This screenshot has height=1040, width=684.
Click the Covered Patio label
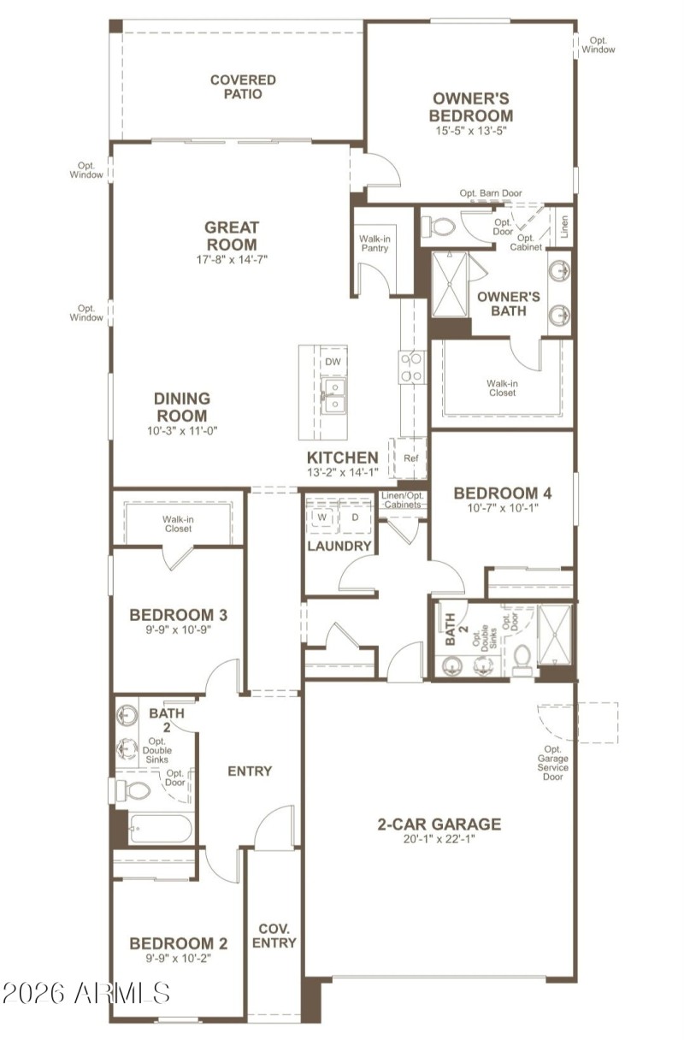243,87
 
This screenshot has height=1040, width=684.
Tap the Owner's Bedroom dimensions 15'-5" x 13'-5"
471,132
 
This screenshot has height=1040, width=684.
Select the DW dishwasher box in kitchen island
333,362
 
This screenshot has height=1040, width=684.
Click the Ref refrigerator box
410,458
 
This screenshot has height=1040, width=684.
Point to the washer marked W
322,517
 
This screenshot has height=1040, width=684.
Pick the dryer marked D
355,517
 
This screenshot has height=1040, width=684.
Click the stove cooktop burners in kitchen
410,368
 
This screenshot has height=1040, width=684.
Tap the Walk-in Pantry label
374,244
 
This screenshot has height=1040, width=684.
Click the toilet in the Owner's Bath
440,227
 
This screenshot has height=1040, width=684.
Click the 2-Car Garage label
439,824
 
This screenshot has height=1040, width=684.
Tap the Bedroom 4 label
502,493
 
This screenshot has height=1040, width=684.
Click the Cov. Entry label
274,936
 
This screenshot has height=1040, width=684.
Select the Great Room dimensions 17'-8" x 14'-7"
231,260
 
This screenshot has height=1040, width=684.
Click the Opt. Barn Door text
490,194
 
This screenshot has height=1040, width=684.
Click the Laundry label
339,546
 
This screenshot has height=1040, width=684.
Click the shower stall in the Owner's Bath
450,285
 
